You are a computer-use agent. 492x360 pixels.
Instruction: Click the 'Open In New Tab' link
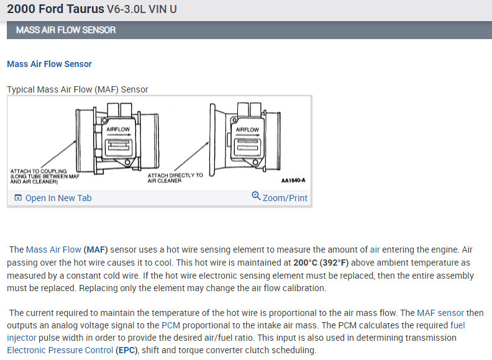click(x=58, y=198)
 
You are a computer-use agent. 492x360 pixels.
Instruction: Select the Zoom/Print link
click(x=285, y=198)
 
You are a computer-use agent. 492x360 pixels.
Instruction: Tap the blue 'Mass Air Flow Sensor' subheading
click(x=49, y=64)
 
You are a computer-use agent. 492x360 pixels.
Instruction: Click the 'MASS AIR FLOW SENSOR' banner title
click(x=66, y=30)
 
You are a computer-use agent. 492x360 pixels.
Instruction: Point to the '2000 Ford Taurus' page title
click(x=55, y=10)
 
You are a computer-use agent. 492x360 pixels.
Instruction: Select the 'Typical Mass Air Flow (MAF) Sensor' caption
click(x=78, y=89)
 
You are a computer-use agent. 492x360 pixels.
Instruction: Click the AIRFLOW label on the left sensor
click(x=117, y=130)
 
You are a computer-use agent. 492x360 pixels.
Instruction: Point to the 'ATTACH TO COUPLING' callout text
click(x=39, y=171)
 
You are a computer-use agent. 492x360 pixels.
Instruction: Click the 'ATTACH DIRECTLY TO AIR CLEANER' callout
click(x=175, y=178)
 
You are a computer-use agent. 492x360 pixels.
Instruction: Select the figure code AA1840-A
click(x=293, y=181)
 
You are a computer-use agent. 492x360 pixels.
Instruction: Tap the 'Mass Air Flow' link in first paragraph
click(x=53, y=250)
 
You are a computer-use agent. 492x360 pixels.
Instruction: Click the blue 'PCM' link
click(x=171, y=325)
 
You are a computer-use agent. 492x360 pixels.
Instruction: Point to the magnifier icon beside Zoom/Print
click(x=256, y=197)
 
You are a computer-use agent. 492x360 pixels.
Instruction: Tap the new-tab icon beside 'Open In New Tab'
click(x=17, y=198)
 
